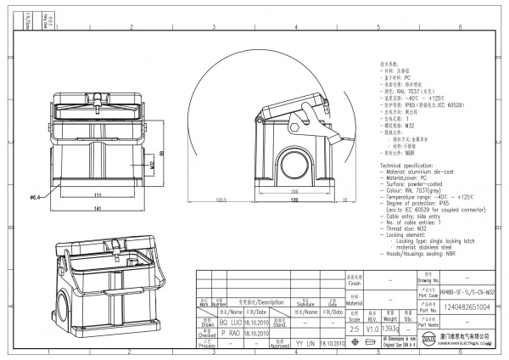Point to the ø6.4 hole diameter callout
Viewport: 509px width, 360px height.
(36, 197)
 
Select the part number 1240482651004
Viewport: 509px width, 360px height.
(468, 307)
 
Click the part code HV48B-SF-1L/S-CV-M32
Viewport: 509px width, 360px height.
(468, 290)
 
